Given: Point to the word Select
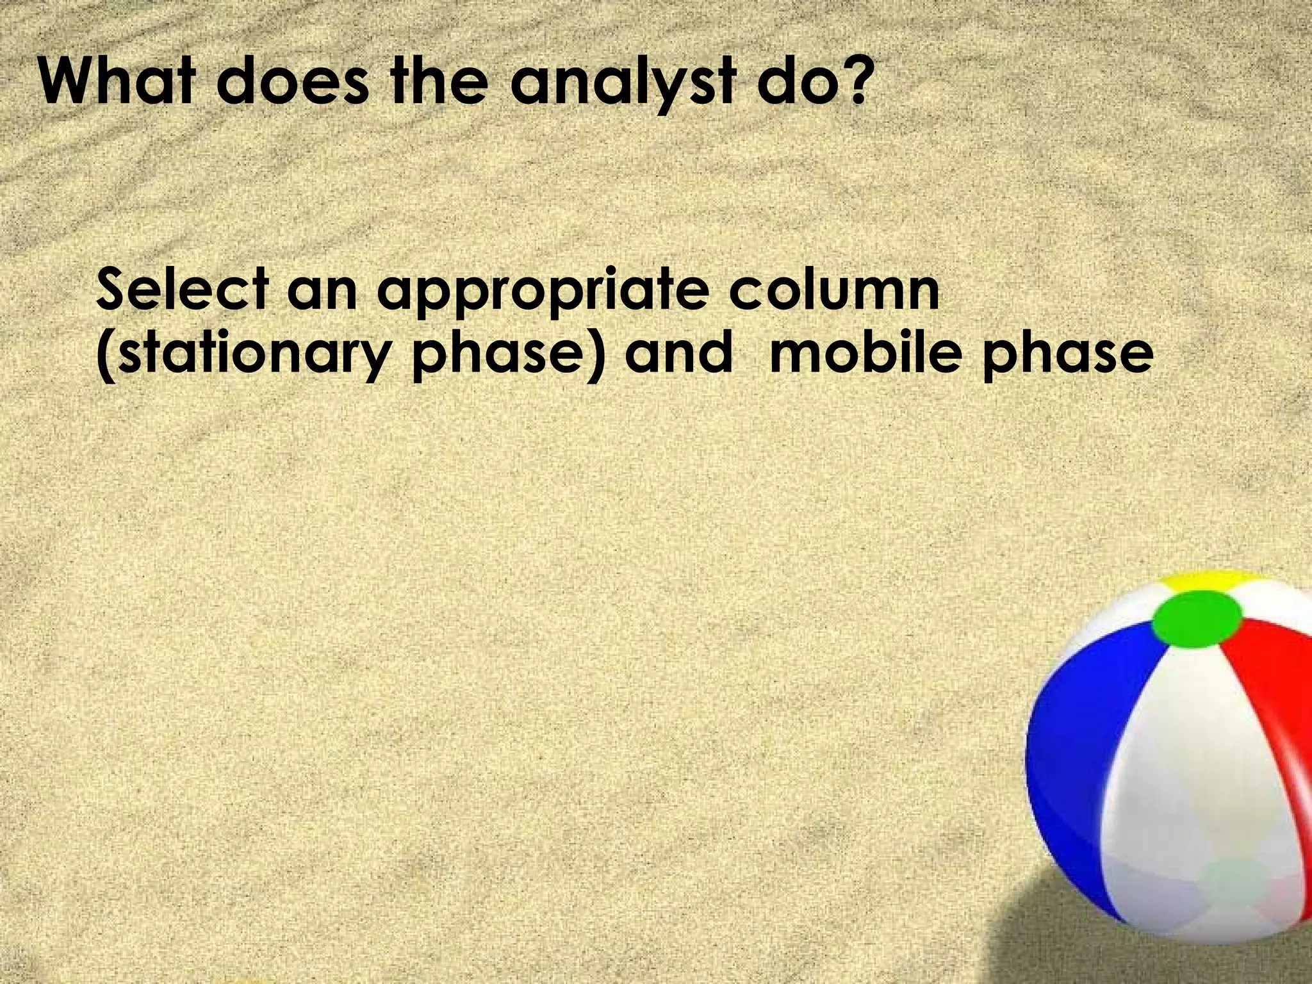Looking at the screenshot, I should [x=182, y=290].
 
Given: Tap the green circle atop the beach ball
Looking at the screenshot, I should [x=1197, y=618].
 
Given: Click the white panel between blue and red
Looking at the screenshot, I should [x=1172, y=769].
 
